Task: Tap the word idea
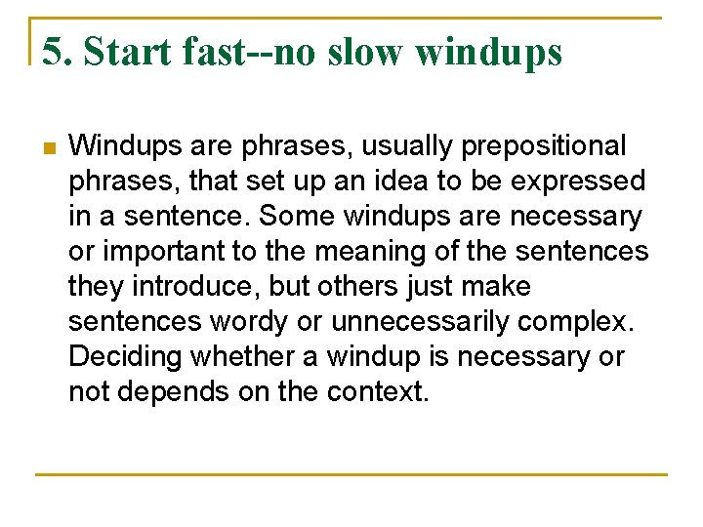(411, 182)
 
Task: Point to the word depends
(176, 392)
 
